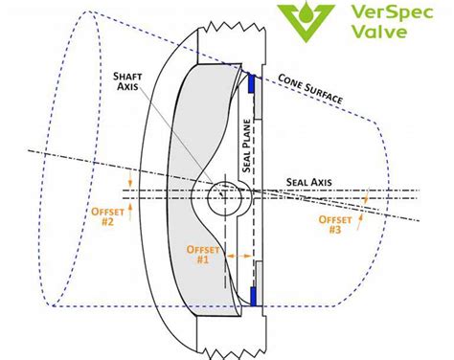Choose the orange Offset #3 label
coord(339,224)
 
